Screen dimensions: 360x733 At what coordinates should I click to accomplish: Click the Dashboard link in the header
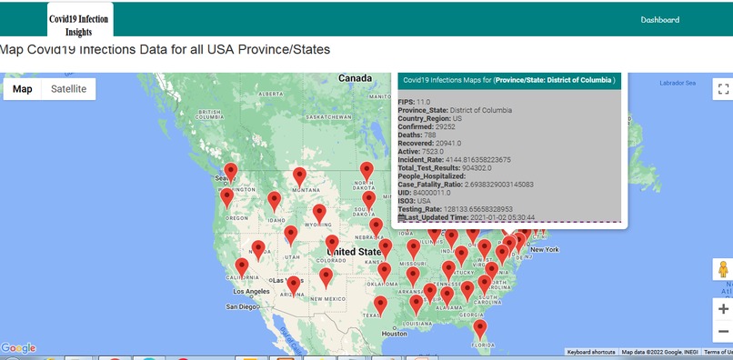click(659, 20)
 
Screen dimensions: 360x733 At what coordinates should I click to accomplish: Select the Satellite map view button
click(69, 89)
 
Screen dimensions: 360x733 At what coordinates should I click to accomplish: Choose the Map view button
click(23, 89)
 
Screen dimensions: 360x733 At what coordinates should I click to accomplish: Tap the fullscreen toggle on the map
click(723, 89)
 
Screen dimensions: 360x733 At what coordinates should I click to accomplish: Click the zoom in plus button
click(723, 309)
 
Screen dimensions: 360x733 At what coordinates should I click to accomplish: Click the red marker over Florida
click(480, 328)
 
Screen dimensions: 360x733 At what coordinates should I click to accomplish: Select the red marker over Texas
click(381, 305)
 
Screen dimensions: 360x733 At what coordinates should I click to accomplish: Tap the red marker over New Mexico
click(326, 277)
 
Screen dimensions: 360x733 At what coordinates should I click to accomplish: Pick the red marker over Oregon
click(227, 197)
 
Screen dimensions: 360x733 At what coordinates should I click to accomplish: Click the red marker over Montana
click(299, 176)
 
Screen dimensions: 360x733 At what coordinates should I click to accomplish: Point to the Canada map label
click(355, 79)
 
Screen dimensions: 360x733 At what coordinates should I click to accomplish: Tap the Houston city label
click(395, 334)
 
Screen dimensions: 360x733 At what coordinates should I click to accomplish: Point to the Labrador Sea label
click(677, 84)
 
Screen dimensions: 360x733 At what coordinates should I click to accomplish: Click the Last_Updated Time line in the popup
click(467, 217)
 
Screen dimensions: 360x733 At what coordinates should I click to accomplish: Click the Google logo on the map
click(18, 348)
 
